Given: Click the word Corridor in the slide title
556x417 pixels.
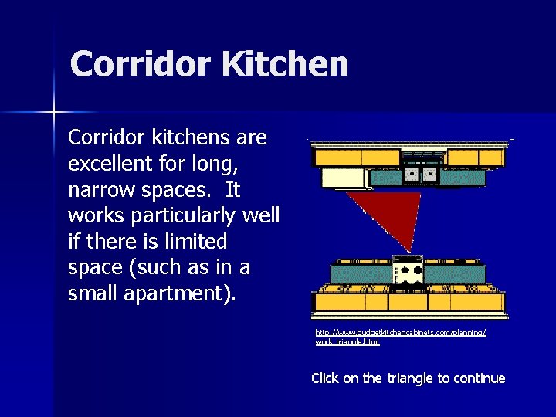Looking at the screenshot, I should [x=141, y=65].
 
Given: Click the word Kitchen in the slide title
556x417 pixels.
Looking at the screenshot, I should [x=286, y=65].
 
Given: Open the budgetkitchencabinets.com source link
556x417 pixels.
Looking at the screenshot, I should [x=400, y=336].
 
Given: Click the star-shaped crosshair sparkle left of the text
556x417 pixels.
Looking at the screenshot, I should [x=54, y=113].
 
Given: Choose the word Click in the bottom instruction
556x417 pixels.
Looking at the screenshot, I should [x=325, y=378].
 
